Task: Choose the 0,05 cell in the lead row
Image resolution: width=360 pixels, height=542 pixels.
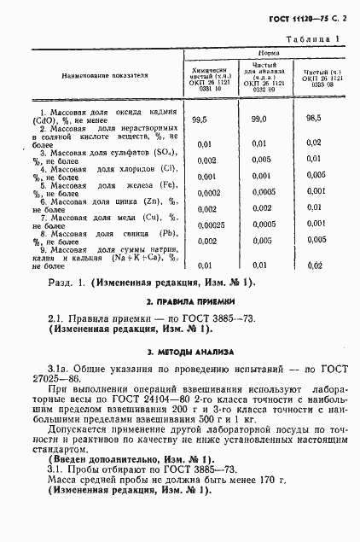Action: coord(314,241)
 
